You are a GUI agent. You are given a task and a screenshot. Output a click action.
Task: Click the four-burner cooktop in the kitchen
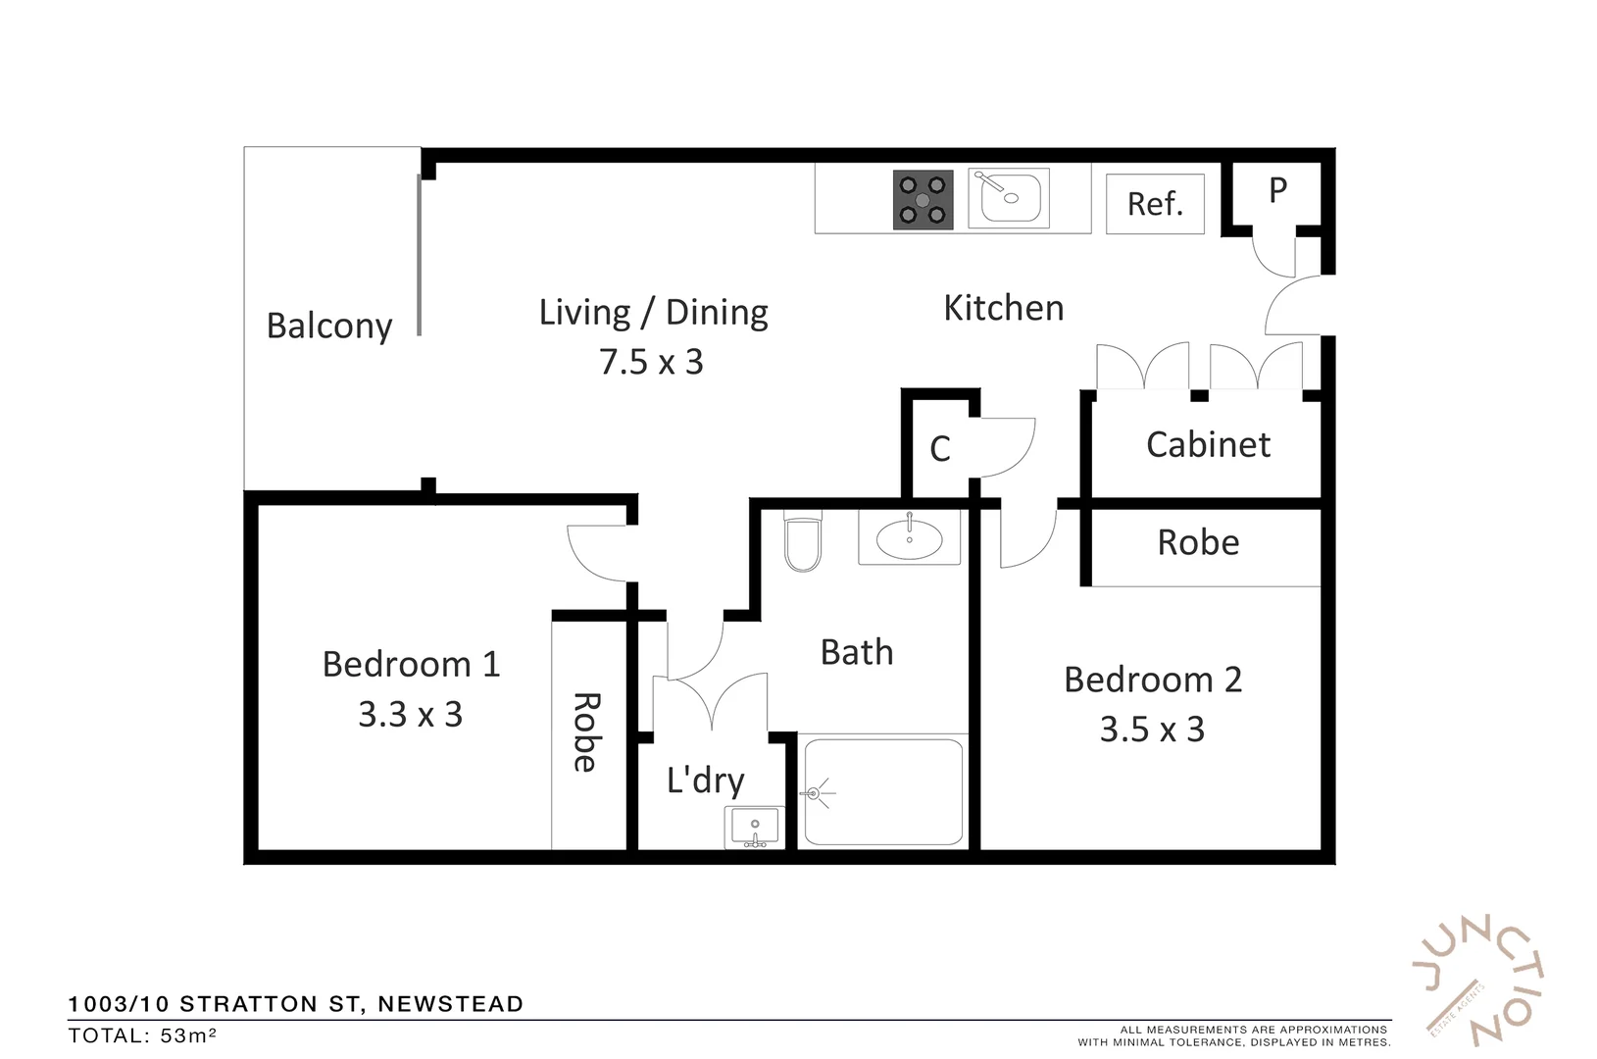923,200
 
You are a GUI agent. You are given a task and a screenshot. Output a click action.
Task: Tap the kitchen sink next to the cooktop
1009,198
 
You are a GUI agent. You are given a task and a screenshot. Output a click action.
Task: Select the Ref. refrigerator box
1155,204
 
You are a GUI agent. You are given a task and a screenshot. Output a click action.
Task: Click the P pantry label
1277,190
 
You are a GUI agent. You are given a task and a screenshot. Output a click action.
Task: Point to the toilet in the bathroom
803,544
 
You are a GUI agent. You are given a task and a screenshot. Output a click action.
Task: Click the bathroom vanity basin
909,538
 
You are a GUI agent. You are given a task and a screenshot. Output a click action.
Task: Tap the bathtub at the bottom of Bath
882,792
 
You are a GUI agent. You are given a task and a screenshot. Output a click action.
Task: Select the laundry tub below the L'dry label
754,827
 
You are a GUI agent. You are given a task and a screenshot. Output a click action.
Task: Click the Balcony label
329,326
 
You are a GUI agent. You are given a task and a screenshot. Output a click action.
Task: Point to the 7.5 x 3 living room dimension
651,363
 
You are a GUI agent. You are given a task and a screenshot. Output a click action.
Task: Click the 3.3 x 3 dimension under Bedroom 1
410,715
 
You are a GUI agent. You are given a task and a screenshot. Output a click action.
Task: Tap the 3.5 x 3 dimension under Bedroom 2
1152,730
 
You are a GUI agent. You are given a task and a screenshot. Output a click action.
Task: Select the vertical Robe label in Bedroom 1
585,732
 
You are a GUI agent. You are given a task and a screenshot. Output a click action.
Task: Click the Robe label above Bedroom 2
1198,542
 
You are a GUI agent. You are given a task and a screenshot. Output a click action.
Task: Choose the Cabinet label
1208,445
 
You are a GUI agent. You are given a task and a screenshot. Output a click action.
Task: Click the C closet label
939,449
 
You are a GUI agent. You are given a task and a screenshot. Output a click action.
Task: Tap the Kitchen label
1003,308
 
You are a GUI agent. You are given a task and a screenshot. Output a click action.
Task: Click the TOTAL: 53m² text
143,1035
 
